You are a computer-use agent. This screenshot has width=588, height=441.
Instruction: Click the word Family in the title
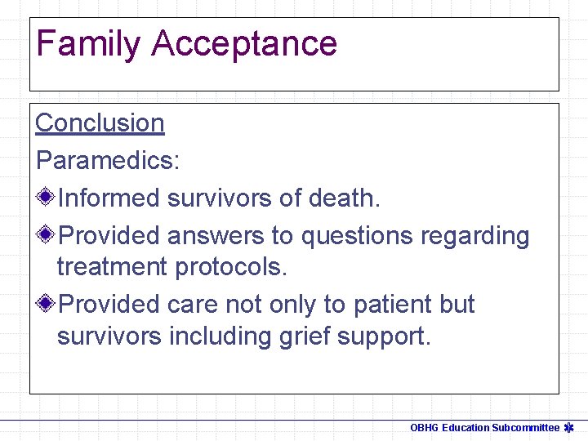pos(88,43)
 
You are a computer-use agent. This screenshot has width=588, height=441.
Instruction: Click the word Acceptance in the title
pos(244,43)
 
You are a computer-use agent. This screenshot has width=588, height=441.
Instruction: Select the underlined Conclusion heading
pos(100,122)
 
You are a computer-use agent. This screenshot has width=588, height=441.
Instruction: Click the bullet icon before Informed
pos(47,197)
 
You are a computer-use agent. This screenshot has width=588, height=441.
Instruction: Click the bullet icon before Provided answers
pos(47,235)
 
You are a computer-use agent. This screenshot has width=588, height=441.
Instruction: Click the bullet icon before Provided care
pos(47,304)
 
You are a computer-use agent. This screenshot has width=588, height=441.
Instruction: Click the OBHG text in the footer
pos(424,427)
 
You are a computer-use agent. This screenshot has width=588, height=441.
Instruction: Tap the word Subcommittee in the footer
pos(525,427)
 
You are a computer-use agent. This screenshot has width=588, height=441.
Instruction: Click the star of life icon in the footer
pos(569,427)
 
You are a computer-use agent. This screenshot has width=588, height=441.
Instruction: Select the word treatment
pos(112,267)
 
